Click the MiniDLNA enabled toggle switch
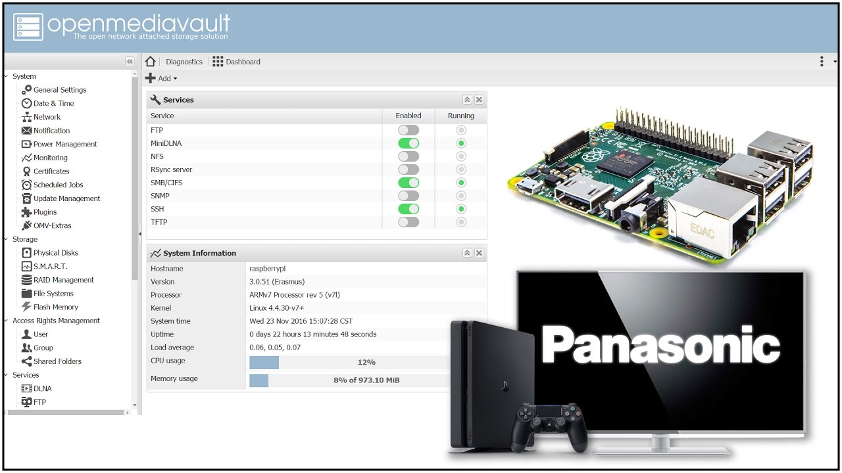(409, 143)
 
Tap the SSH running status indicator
(461, 209)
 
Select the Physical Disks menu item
(55, 253)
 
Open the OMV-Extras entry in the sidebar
(52, 225)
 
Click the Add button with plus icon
(161, 78)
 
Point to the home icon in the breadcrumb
(151, 62)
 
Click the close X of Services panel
(479, 100)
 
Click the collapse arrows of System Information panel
(467, 253)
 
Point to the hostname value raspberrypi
(267, 269)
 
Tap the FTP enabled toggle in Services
(409, 130)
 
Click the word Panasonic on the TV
(660, 345)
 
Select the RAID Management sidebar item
(63, 280)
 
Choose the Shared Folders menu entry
(57, 361)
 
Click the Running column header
(460, 116)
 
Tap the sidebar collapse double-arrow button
(130, 61)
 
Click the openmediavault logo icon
(28, 27)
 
